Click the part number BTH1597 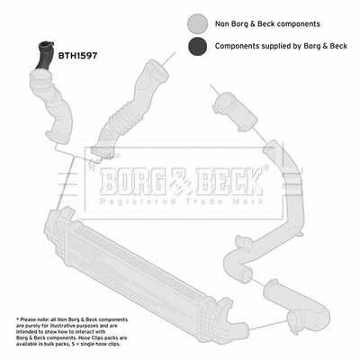pos(77,56)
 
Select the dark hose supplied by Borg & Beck pos(44,56)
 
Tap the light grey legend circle pos(197,23)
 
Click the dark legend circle pos(197,46)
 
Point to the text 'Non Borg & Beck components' pos(267,24)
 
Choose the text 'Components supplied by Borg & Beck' pos(281,46)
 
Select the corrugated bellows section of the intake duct pos(123,117)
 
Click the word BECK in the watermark pos(229,181)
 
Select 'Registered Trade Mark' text pos(181,201)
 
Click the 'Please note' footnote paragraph pos(72,332)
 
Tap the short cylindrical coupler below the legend pos(235,112)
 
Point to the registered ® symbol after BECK pos(265,166)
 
